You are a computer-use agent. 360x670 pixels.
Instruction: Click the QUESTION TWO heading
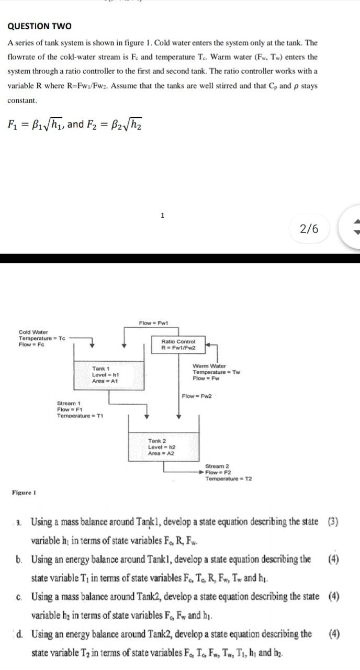39,26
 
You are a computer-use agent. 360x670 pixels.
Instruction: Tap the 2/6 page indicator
309,229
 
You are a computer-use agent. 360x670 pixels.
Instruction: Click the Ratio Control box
179,344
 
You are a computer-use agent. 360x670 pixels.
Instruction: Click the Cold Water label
33,332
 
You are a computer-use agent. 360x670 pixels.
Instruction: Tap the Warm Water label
209,366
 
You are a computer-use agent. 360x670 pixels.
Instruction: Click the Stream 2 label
217,466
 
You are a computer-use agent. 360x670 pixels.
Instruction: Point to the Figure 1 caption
23,493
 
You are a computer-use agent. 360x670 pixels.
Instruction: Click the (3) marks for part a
333,522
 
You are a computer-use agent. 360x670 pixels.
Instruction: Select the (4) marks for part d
333,634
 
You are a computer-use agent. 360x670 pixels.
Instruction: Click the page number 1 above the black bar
163,215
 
